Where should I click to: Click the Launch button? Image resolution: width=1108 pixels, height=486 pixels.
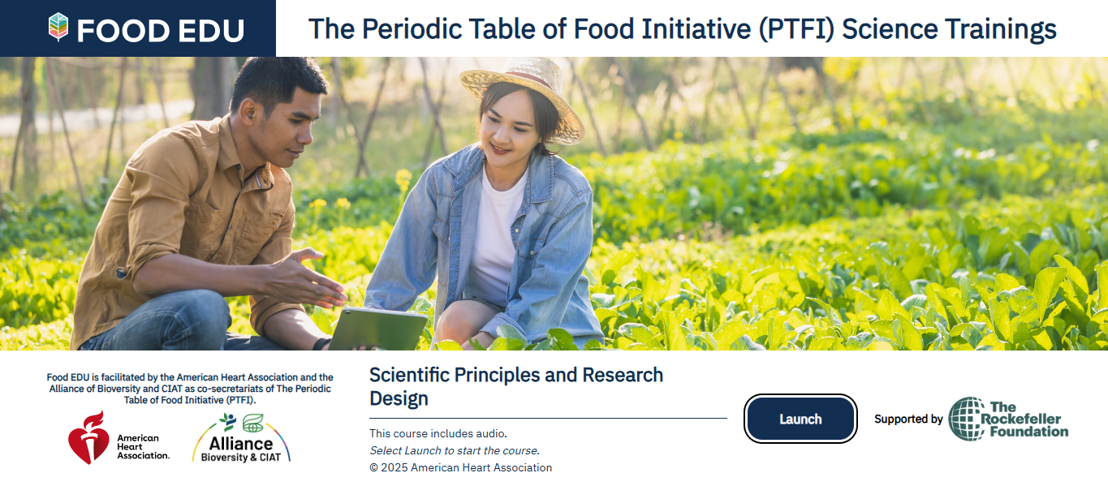pyautogui.click(x=800, y=419)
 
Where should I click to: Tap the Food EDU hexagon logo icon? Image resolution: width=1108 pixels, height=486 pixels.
pyautogui.click(x=58, y=27)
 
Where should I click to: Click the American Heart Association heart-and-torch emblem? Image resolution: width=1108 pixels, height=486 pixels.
pyautogui.click(x=88, y=437)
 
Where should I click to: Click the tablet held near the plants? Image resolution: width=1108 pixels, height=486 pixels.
pyautogui.click(x=377, y=329)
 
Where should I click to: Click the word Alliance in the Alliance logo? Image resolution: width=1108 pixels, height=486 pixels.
pyautogui.click(x=241, y=443)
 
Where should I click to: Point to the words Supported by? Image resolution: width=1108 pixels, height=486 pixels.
pyautogui.click(x=908, y=419)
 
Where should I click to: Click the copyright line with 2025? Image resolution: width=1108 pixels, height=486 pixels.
pyautogui.click(x=460, y=467)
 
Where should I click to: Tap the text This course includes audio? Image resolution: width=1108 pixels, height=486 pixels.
pyautogui.click(x=438, y=433)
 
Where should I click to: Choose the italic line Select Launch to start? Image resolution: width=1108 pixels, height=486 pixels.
pyautogui.click(x=455, y=451)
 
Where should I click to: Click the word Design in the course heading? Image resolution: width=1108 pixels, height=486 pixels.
pyautogui.click(x=399, y=398)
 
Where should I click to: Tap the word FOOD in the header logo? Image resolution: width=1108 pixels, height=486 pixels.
pyautogui.click(x=123, y=31)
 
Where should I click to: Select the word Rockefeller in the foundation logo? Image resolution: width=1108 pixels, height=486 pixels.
pyautogui.click(x=1021, y=419)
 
